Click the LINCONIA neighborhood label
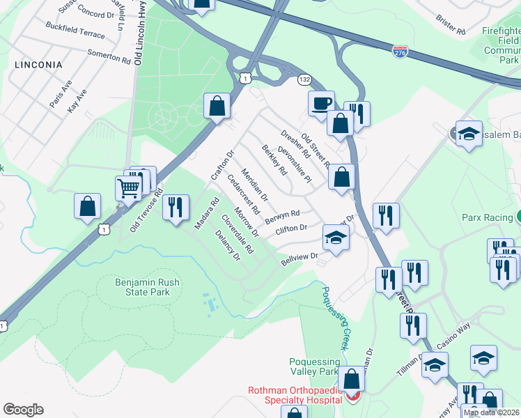tap(38, 65)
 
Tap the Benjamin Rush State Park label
tap(143, 286)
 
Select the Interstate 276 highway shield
tap(399, 52)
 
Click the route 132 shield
tap(304, 79)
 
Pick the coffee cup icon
tap(321, 103)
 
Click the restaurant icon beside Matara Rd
tap(176, 207)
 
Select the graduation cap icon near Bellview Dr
tap(336, 238)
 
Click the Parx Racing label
tap(487, 218)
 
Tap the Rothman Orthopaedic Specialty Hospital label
tap(295, 395)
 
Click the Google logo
tap(23, 410)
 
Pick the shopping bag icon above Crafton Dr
tap(217, 107)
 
